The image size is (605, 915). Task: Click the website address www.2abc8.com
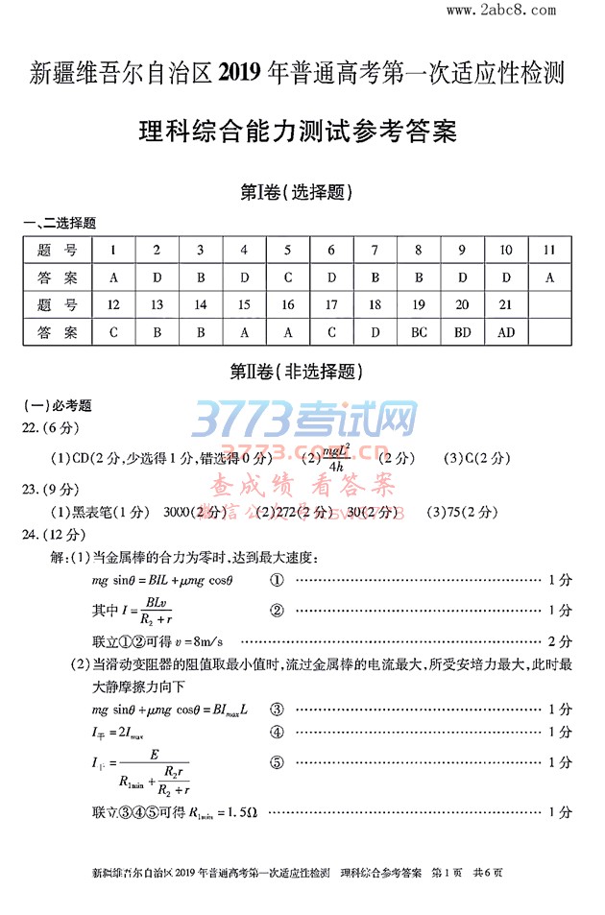coord(501,11)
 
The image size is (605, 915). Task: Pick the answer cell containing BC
coord(419,332)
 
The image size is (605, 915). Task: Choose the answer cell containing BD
coord(462,332)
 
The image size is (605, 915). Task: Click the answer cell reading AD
coord(506,332)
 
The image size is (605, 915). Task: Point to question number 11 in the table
coord(550,250)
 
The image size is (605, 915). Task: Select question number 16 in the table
coord(288,304)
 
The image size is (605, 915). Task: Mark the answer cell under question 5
coord(288,277)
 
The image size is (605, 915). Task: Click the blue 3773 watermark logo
coord(305,421)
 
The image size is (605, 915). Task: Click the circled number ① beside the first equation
coord(277,581)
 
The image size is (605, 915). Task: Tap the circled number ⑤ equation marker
coord(277,762)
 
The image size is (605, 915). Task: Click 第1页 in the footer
coord(448,873)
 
